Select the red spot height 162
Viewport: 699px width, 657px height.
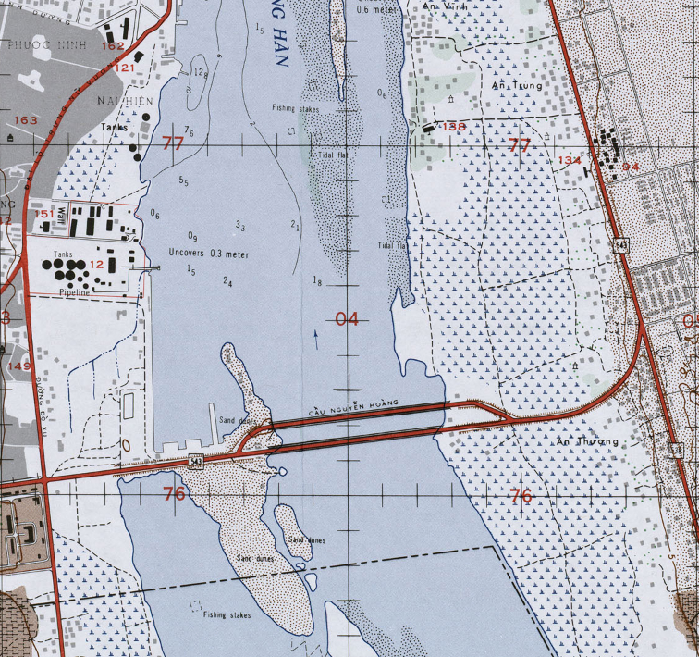114,46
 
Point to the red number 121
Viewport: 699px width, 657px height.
124,68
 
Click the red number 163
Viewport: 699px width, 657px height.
26,120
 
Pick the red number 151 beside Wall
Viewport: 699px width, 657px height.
45,214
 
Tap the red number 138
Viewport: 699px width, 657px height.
454,126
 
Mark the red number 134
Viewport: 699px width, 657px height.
570,161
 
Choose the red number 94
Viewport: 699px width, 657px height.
631,167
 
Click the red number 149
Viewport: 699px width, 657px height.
18,366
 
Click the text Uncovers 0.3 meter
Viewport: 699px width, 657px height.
209,254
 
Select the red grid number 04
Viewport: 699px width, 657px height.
347,320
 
